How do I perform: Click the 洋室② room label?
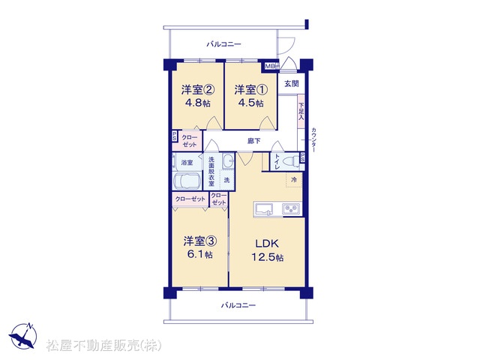(198, 90)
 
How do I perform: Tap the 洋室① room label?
(251, 90)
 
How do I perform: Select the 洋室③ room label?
(200, 241)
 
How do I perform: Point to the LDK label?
(267, 244)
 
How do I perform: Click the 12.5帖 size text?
(267, 257)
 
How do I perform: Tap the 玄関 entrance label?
(292, 83)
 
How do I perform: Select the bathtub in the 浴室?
(187, 181)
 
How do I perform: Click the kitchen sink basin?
(265, 210)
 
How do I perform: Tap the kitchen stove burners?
(292, 209)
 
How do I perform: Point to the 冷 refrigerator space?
(294, 180)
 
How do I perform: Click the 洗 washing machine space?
(226, 180)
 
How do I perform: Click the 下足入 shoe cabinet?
(301, 112)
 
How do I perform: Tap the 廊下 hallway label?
(254, 141)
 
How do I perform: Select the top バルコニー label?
(223, 44)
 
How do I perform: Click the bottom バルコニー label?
(238, 305)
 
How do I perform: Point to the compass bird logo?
(23, 336)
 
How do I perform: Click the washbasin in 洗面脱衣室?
(228, 160)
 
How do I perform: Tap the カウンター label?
(313, 140)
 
